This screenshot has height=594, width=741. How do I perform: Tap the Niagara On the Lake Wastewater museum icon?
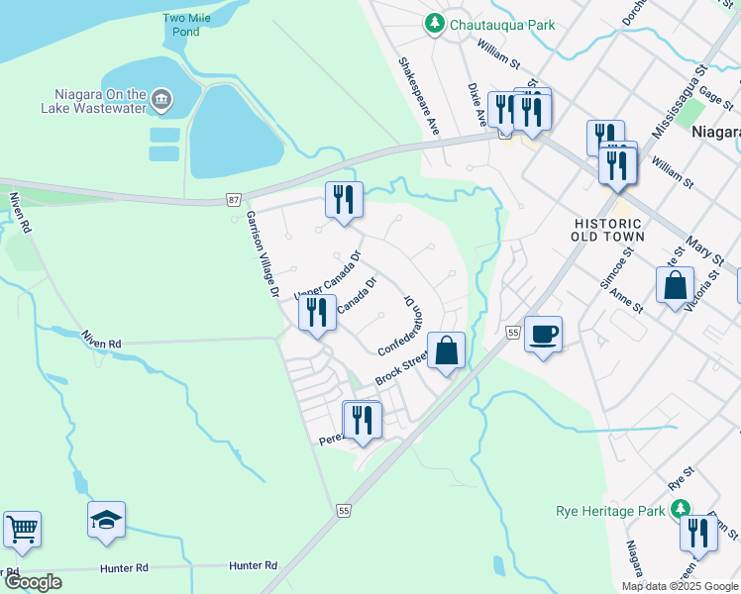(x=161, y=100)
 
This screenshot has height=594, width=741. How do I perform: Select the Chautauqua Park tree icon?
(x=433, y=24)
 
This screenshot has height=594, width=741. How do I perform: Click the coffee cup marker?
(x=543, y=334)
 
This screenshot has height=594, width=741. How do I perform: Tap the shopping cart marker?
(x=22, y=529)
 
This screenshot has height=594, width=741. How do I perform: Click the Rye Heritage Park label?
(x=608, y=511)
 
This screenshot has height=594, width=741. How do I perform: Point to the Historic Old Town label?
(x=609, y=230)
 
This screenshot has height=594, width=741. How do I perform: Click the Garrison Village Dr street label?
(x=263, y=255)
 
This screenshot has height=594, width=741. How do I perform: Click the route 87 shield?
(x=233, y=200)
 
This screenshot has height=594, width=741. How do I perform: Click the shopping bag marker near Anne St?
(x=675, y=285)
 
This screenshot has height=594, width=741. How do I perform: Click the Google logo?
(x=33, y=582)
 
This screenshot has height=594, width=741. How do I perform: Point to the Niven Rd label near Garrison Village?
(x=102, y=344)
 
